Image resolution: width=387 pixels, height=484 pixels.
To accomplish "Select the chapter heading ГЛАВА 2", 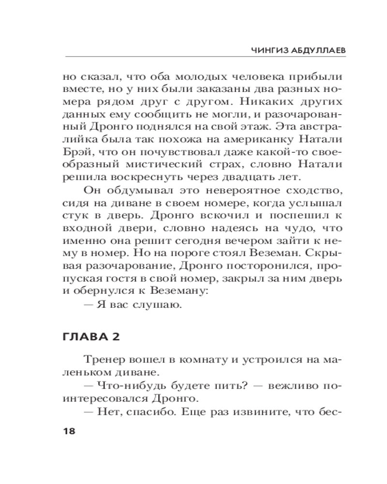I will tap(91, 338).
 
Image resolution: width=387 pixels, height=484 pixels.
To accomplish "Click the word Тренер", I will tap(104, 361).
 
